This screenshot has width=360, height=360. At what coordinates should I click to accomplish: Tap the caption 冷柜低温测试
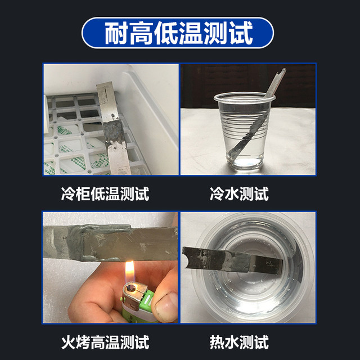(105, 195)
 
